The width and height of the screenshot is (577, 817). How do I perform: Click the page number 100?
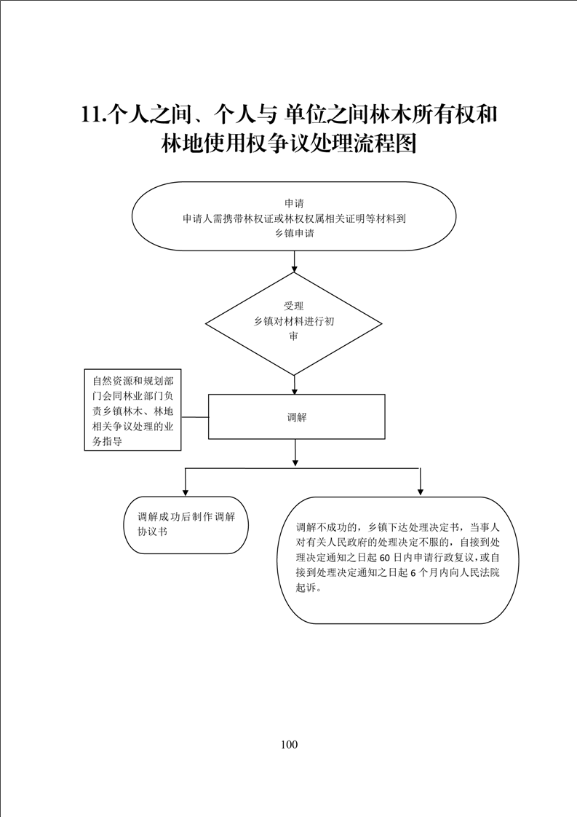[x=289, y=744]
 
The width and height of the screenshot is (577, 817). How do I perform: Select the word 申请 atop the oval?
[x=294, y=202]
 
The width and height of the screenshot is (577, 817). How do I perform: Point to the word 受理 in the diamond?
[x=294, y=306]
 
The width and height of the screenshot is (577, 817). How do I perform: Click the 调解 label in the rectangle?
[x=297, y=417]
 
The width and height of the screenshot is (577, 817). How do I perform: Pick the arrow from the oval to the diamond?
[x=295, y=261]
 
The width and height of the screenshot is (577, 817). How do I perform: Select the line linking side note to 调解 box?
[x=195, y=417]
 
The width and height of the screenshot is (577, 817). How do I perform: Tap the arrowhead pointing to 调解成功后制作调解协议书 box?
[x=186, y=492]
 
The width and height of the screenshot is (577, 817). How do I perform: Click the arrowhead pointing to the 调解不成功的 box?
[x=421, y=492]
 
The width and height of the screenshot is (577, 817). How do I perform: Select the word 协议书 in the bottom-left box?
[x=153, y=532]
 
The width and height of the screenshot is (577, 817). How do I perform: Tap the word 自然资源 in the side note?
[x=113, y=381]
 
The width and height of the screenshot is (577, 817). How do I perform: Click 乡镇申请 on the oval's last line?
[x=295, y=234]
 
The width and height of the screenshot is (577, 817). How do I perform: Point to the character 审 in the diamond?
[x=294, y=336]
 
